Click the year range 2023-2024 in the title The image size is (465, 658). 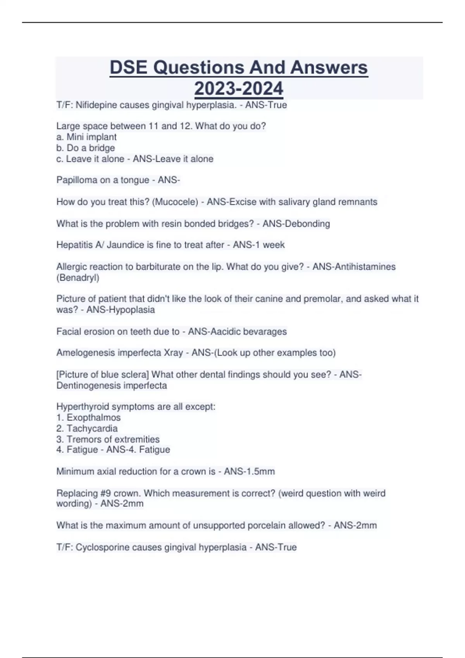[239, 89]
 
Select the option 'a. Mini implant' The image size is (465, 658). [86, 137]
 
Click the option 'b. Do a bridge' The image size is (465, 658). [86, 148]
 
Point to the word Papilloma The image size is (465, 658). [75, 180]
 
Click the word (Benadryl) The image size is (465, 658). [78, 278]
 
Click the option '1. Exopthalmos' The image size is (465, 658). [88, 418]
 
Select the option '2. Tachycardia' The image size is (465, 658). [87, 428]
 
